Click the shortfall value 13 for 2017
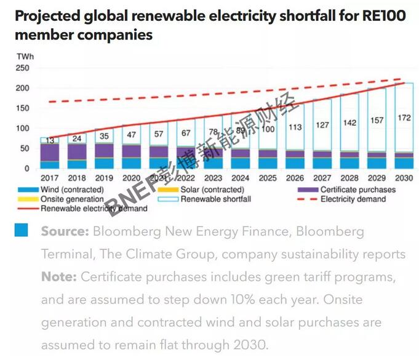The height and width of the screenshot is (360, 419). click(49, 140)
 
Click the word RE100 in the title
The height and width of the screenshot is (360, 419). click(386, 15)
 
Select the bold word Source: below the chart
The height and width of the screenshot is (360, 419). click(65, 232)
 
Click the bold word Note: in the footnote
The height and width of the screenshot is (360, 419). click(58, 277)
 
